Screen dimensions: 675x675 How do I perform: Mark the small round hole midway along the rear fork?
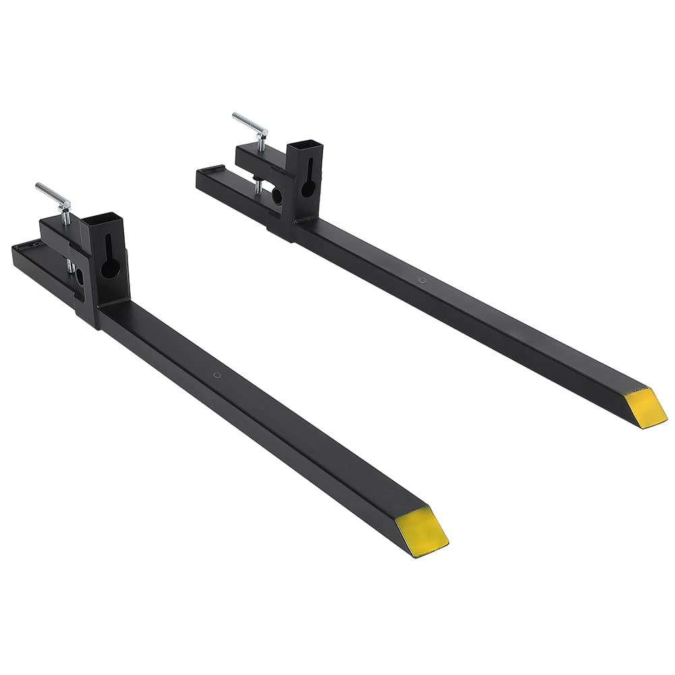coord(422,279)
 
